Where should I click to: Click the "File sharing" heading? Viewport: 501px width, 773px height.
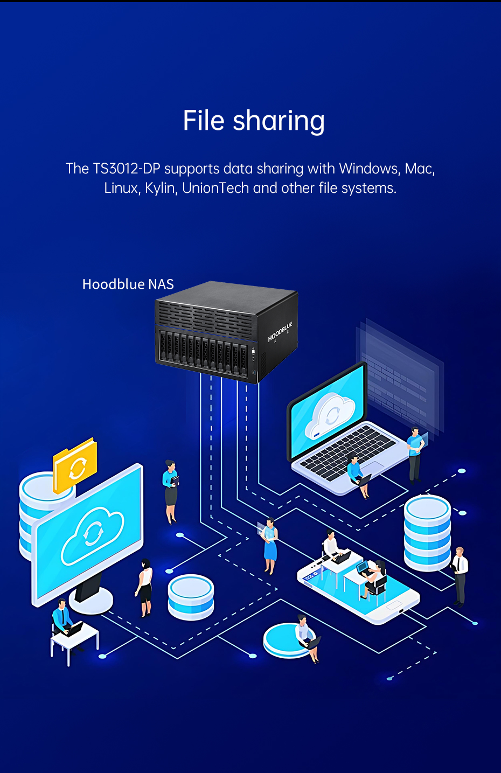click(x=254, y=121)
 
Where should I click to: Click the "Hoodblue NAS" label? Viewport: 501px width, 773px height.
click(x=128, y=284)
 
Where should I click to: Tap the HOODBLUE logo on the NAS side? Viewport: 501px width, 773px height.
click(x=280, y=332)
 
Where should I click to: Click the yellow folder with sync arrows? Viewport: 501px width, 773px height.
click(x=75, y=465)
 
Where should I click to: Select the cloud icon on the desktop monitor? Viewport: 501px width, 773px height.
click(x=93, y=537)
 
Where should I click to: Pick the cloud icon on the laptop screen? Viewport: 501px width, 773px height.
click(x=330, y=416)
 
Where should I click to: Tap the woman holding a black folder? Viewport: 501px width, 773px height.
click(x=171, y=492)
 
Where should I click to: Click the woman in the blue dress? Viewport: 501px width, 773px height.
click(x=270, y=546)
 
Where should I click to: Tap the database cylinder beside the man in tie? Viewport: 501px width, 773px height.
click(x=428, y=532)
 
